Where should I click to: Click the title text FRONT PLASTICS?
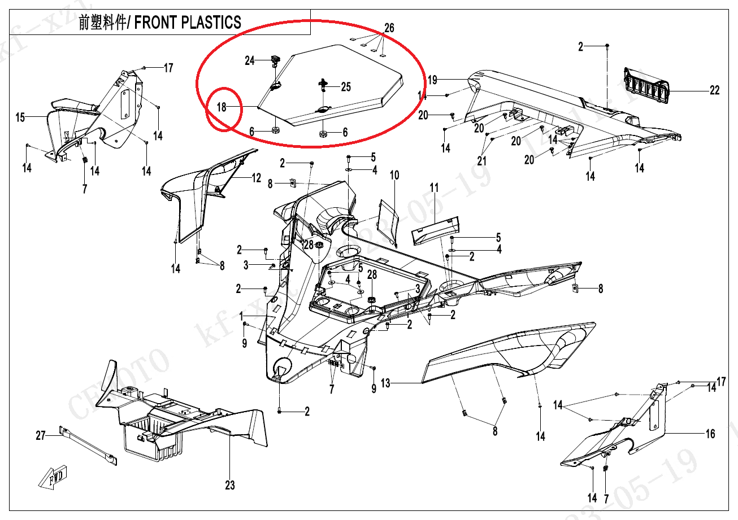188,23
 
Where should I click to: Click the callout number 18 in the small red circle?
222,107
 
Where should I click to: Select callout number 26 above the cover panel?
389,28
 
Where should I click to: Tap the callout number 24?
250,61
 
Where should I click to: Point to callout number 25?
345,87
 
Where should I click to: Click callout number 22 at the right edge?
714,90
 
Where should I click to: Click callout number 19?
432,80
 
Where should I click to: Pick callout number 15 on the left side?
20,117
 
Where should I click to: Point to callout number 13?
385,383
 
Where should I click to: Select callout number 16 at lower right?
710,434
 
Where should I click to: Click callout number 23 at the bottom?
230,485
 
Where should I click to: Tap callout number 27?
41,435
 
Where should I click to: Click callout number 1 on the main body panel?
241,314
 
